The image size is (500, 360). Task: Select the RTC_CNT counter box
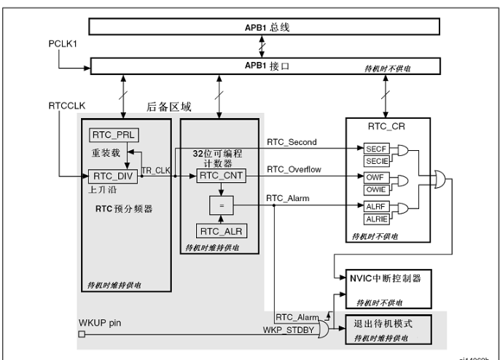(219, 176)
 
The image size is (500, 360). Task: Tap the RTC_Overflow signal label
(294, 170)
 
